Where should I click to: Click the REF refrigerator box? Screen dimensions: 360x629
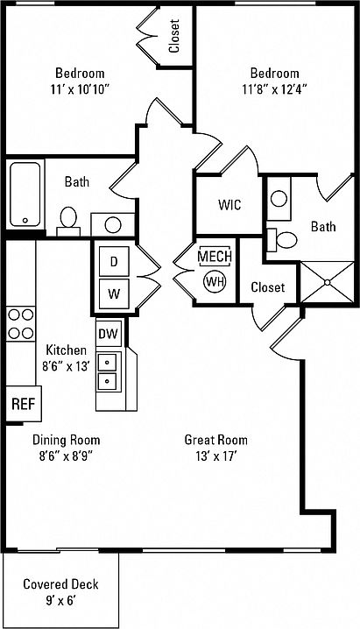[x=24, y=404]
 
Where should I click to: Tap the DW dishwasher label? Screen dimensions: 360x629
[x=109, y=334]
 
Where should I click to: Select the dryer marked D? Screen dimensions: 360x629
[x=114, y=262]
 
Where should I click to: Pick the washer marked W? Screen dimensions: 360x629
[x=114, y=294]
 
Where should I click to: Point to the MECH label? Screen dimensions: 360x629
[x=215, y=257]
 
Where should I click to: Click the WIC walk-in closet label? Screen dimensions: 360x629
[x=229, y=205]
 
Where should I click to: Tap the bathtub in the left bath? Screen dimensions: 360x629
[x=25, y=194]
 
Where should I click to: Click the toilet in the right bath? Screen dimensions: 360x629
[x=282, y=240]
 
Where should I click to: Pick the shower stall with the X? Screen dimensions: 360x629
[x=327, y=282]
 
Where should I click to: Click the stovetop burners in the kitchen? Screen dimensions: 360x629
[x=21, y=324]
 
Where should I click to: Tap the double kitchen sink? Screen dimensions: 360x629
[x=108, y=371]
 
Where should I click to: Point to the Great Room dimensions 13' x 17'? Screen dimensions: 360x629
[x=216, y=456]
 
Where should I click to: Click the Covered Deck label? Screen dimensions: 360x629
[x=60, y=584]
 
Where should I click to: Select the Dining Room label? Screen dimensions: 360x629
[x=67, y=440]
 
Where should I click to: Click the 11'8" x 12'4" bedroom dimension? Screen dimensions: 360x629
[x=275, y=89]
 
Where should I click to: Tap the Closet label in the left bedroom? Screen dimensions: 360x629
[x=174, y=36]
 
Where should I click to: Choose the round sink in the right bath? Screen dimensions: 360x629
[x=279, y=199]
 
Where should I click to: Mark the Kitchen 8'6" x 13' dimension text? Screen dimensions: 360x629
[x=66, y=366]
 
